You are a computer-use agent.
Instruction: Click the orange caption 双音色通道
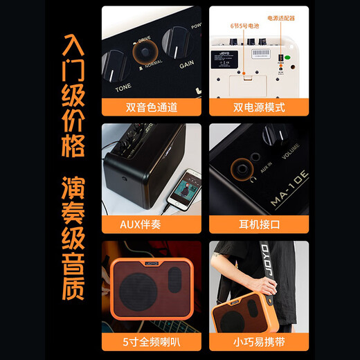click(152, 107)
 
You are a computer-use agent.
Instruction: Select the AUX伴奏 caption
click(152, 224)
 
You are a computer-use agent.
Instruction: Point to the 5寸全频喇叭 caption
click(152, 341)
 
